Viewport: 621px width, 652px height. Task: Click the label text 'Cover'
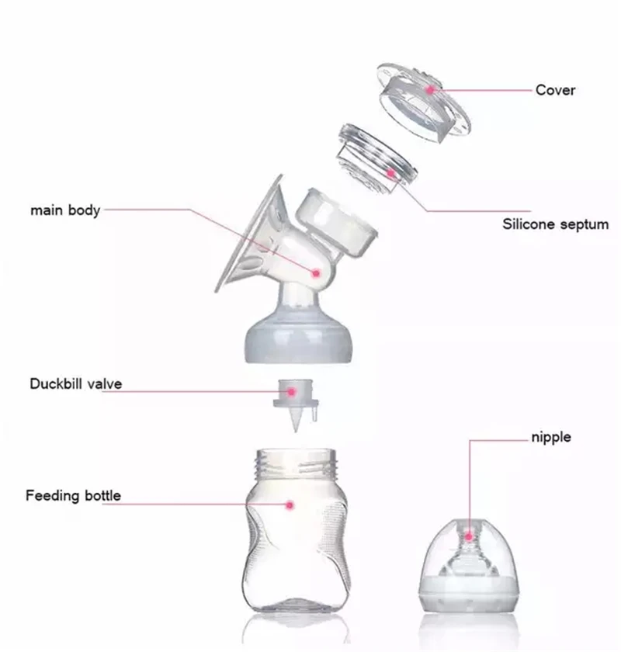[x=555, y=90]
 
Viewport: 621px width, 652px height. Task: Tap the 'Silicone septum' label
[x=555, y=225]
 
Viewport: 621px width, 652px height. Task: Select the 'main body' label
[x=65, y=210]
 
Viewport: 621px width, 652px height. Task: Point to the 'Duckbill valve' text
[x=76, y=383]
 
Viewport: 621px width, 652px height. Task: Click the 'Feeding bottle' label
[x=73, y=495]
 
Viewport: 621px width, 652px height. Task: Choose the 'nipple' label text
[x=550, y=437]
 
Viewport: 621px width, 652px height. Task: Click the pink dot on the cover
[x=430, y=91]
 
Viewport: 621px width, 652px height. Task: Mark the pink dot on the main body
[x=316, y=272]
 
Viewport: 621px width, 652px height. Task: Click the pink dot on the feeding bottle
[x=290, y=505]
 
